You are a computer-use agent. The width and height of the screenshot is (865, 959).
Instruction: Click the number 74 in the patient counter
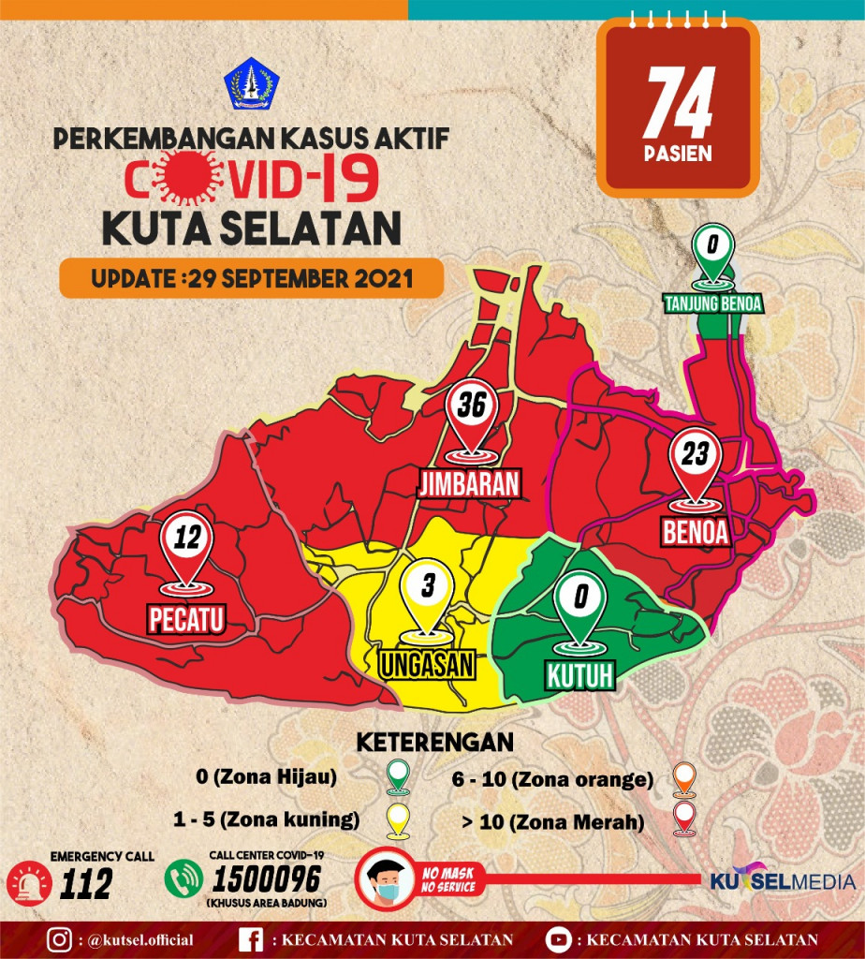point(680,103)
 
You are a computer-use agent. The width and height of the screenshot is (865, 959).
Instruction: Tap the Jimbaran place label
point(468,484)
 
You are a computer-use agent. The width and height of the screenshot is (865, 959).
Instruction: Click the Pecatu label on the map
point(188,619)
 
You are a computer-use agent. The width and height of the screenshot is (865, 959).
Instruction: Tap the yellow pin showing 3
point(427,599)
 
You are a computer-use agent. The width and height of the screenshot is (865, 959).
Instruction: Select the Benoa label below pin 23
point(695,532)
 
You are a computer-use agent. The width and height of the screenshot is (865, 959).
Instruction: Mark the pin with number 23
point(695,466)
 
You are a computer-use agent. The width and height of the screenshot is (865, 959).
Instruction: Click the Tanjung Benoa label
point(713,303)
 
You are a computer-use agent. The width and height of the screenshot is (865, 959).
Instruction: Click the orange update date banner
point(251,278)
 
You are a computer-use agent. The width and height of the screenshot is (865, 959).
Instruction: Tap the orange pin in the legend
point(685,777)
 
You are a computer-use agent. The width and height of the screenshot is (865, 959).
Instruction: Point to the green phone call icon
point(183,878)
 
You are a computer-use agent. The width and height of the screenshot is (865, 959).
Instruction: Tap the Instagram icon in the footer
point(61,939)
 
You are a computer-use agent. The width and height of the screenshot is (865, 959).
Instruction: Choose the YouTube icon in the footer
point(558,939)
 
